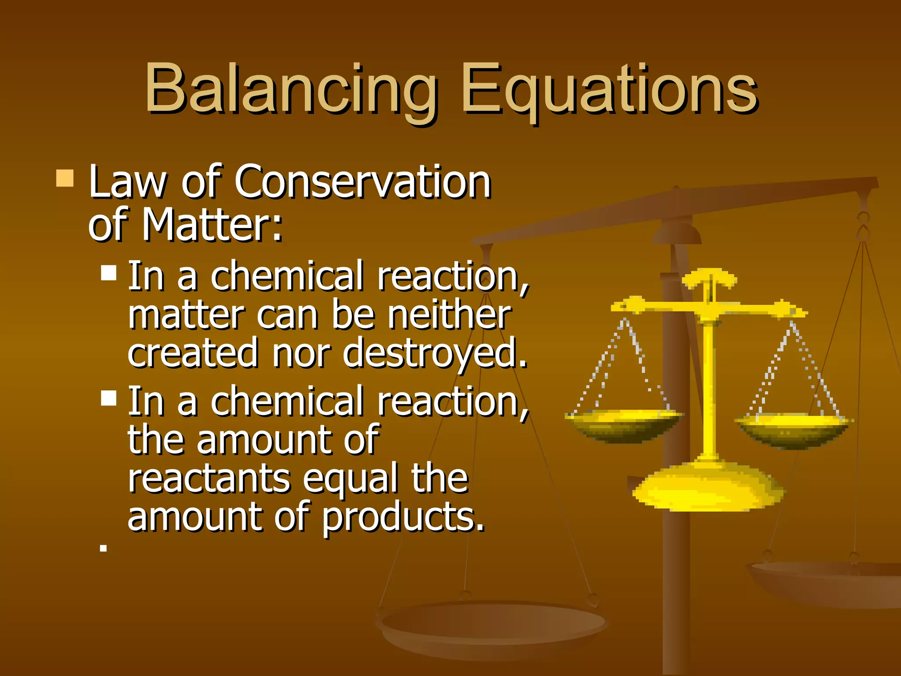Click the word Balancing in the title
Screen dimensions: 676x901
coord(290,88)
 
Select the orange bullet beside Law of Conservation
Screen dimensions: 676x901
coord(65,179)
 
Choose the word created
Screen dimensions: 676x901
coord(193,353)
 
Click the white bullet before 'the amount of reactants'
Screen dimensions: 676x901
coord(109,398)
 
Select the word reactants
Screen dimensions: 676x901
coord(209,479)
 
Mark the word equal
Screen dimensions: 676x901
coord(350,479)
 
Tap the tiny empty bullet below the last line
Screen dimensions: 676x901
coord(103,548)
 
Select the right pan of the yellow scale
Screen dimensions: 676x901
coord(795,429)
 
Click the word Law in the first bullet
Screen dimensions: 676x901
coord(127,181)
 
